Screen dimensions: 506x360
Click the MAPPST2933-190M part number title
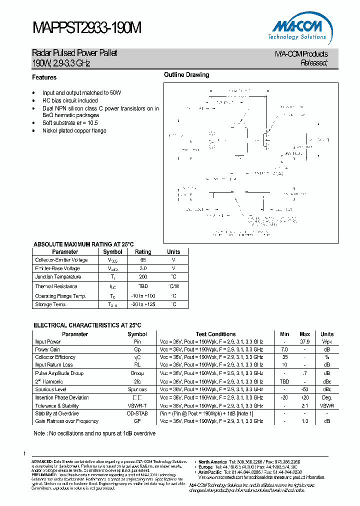coord(87,28)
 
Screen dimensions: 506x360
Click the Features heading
coord(44,77)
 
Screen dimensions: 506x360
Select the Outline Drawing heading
coord(186,75)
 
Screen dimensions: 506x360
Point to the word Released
coord(314,63)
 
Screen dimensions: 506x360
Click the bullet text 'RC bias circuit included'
coord(70,100)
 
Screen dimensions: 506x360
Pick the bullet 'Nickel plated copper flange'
coord(74,130)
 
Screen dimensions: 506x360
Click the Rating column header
coord(143,252)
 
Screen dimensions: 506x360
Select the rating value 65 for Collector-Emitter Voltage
coord(143,260)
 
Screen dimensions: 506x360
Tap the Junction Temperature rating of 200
coord(143,276)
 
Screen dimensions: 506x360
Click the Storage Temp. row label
coord(50,304)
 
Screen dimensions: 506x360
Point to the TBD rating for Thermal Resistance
coord(143,286)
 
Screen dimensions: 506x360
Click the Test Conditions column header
coord(215,334)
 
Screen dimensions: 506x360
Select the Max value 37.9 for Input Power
coord(304,341)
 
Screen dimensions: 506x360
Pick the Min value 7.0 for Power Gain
coord(284,349)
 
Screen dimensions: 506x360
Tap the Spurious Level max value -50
coord(304,389)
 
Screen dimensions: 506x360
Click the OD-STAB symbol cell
coord(137,413)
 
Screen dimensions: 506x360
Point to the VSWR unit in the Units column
coord(327,406)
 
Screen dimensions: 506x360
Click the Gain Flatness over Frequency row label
coord(66,421)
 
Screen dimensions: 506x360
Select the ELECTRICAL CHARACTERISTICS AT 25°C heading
coord(87,325)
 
